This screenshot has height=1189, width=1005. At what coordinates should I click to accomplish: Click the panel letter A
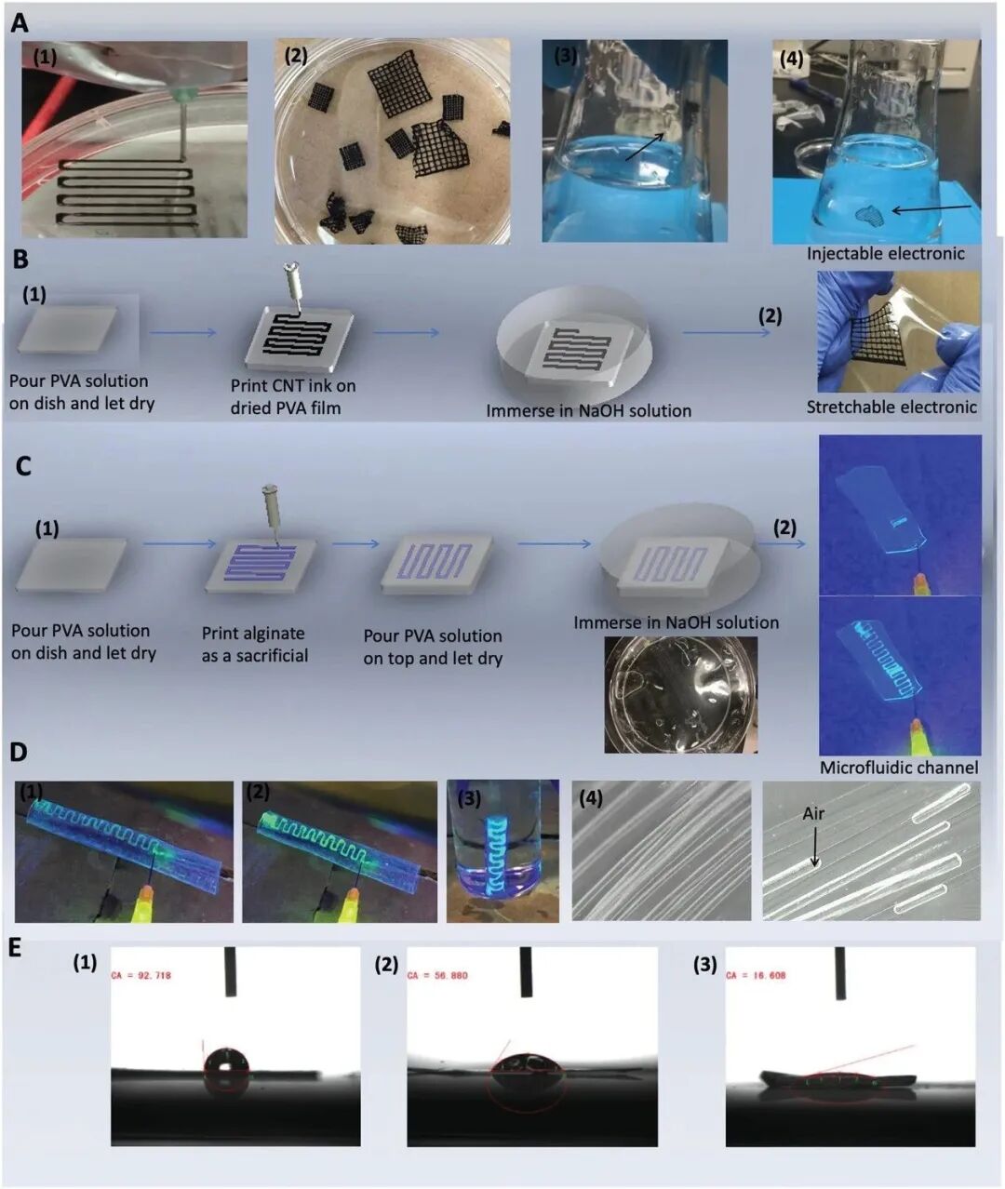[x=19, y=23]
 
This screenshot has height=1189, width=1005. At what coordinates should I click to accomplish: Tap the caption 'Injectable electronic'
[x=885, y=253]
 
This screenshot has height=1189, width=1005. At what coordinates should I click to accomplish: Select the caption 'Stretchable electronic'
[x=891, y=407]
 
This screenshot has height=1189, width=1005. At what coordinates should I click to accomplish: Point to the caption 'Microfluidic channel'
[x=899, y=768]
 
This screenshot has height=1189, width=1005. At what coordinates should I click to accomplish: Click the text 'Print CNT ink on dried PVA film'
[x=293, y=396]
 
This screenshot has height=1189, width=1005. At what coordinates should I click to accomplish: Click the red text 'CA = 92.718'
[x=141, y=975]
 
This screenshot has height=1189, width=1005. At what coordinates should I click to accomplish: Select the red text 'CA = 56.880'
[x=437, y=975]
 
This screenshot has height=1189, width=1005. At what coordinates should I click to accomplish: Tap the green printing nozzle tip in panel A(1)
[x=184, y=95]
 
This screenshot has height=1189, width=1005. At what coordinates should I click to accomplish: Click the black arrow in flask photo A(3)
[x=645, y=147]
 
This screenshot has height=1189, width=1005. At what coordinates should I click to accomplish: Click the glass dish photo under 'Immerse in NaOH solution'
[x=680, y=694]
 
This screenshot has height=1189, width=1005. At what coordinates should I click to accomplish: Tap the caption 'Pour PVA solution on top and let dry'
[x=433, y=647]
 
